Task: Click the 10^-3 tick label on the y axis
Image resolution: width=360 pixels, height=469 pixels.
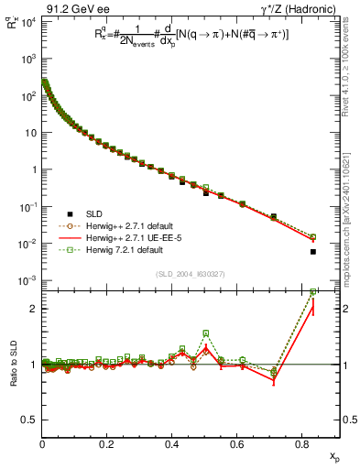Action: (x=27, y=280)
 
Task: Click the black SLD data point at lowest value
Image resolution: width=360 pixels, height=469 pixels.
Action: (x=313, y=252)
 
